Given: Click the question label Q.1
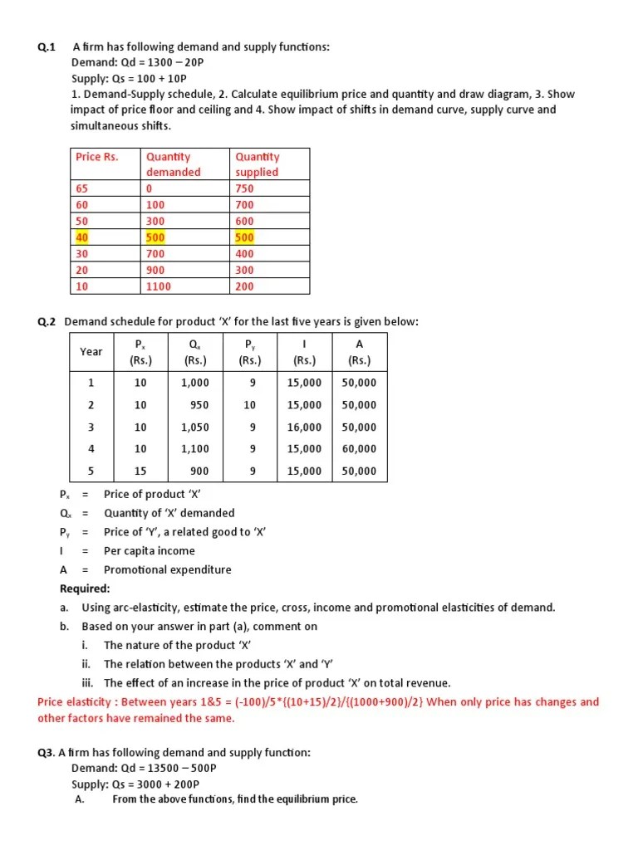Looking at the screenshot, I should point(47,47).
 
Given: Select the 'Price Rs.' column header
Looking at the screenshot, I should point(97,156).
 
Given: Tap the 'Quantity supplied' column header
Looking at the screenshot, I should point(258,164).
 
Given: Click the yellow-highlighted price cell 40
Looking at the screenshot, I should point(81,237).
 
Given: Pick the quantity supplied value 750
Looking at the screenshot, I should point(244,188).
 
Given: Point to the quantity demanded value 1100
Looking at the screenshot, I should point(158,286).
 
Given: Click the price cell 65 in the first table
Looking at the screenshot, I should point(81,188).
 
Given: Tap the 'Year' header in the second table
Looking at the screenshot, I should point(91,352).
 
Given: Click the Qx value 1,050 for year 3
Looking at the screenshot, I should point(195,427).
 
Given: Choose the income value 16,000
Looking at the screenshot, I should point(304,427).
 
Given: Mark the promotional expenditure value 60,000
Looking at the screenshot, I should point(359,449).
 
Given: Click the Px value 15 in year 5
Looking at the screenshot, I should point(140,471).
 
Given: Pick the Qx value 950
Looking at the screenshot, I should point(199,405).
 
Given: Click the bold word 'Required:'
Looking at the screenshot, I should point(85,589).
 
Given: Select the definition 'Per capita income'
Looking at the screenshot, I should point(150,551).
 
